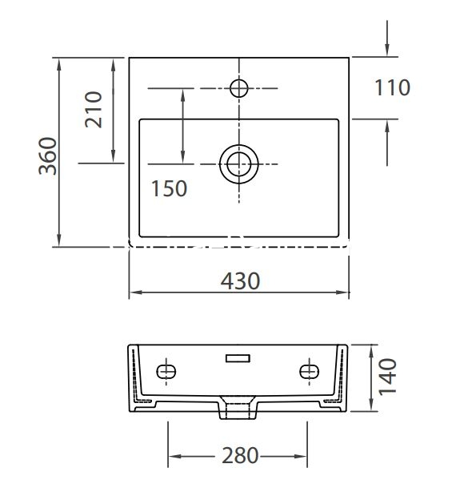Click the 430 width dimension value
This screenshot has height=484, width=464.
tap(240, 281)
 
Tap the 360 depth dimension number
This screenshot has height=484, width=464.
tap(48, 156)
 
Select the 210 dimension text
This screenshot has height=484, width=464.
tap(94, 110)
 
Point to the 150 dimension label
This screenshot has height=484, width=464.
tap(169, 188)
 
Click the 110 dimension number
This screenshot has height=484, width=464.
tap(392, 87)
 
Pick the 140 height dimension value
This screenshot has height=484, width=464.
tap(387, 377)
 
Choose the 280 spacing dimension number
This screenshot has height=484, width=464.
tap(240, 455)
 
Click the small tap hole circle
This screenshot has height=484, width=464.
tap(239, 88)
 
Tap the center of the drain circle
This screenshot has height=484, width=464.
tap(239, 164)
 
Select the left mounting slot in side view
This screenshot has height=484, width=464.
tap(166, 371)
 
